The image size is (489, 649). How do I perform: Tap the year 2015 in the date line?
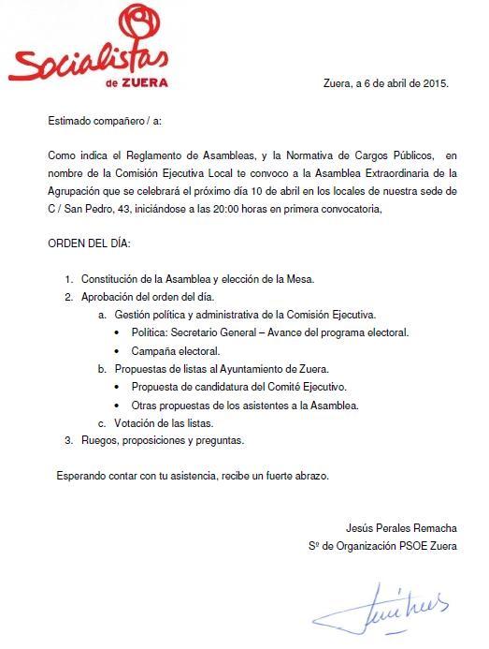436,82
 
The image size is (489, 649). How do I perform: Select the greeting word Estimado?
72,121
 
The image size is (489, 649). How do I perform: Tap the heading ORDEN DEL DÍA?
90,243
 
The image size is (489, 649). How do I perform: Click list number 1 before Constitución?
69,279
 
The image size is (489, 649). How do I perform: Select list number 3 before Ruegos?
68,440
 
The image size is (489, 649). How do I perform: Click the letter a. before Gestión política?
102,315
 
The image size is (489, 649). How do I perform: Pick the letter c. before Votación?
102,422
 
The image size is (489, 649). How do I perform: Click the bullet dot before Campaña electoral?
118,351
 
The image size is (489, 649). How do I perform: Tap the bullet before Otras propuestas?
118,406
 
